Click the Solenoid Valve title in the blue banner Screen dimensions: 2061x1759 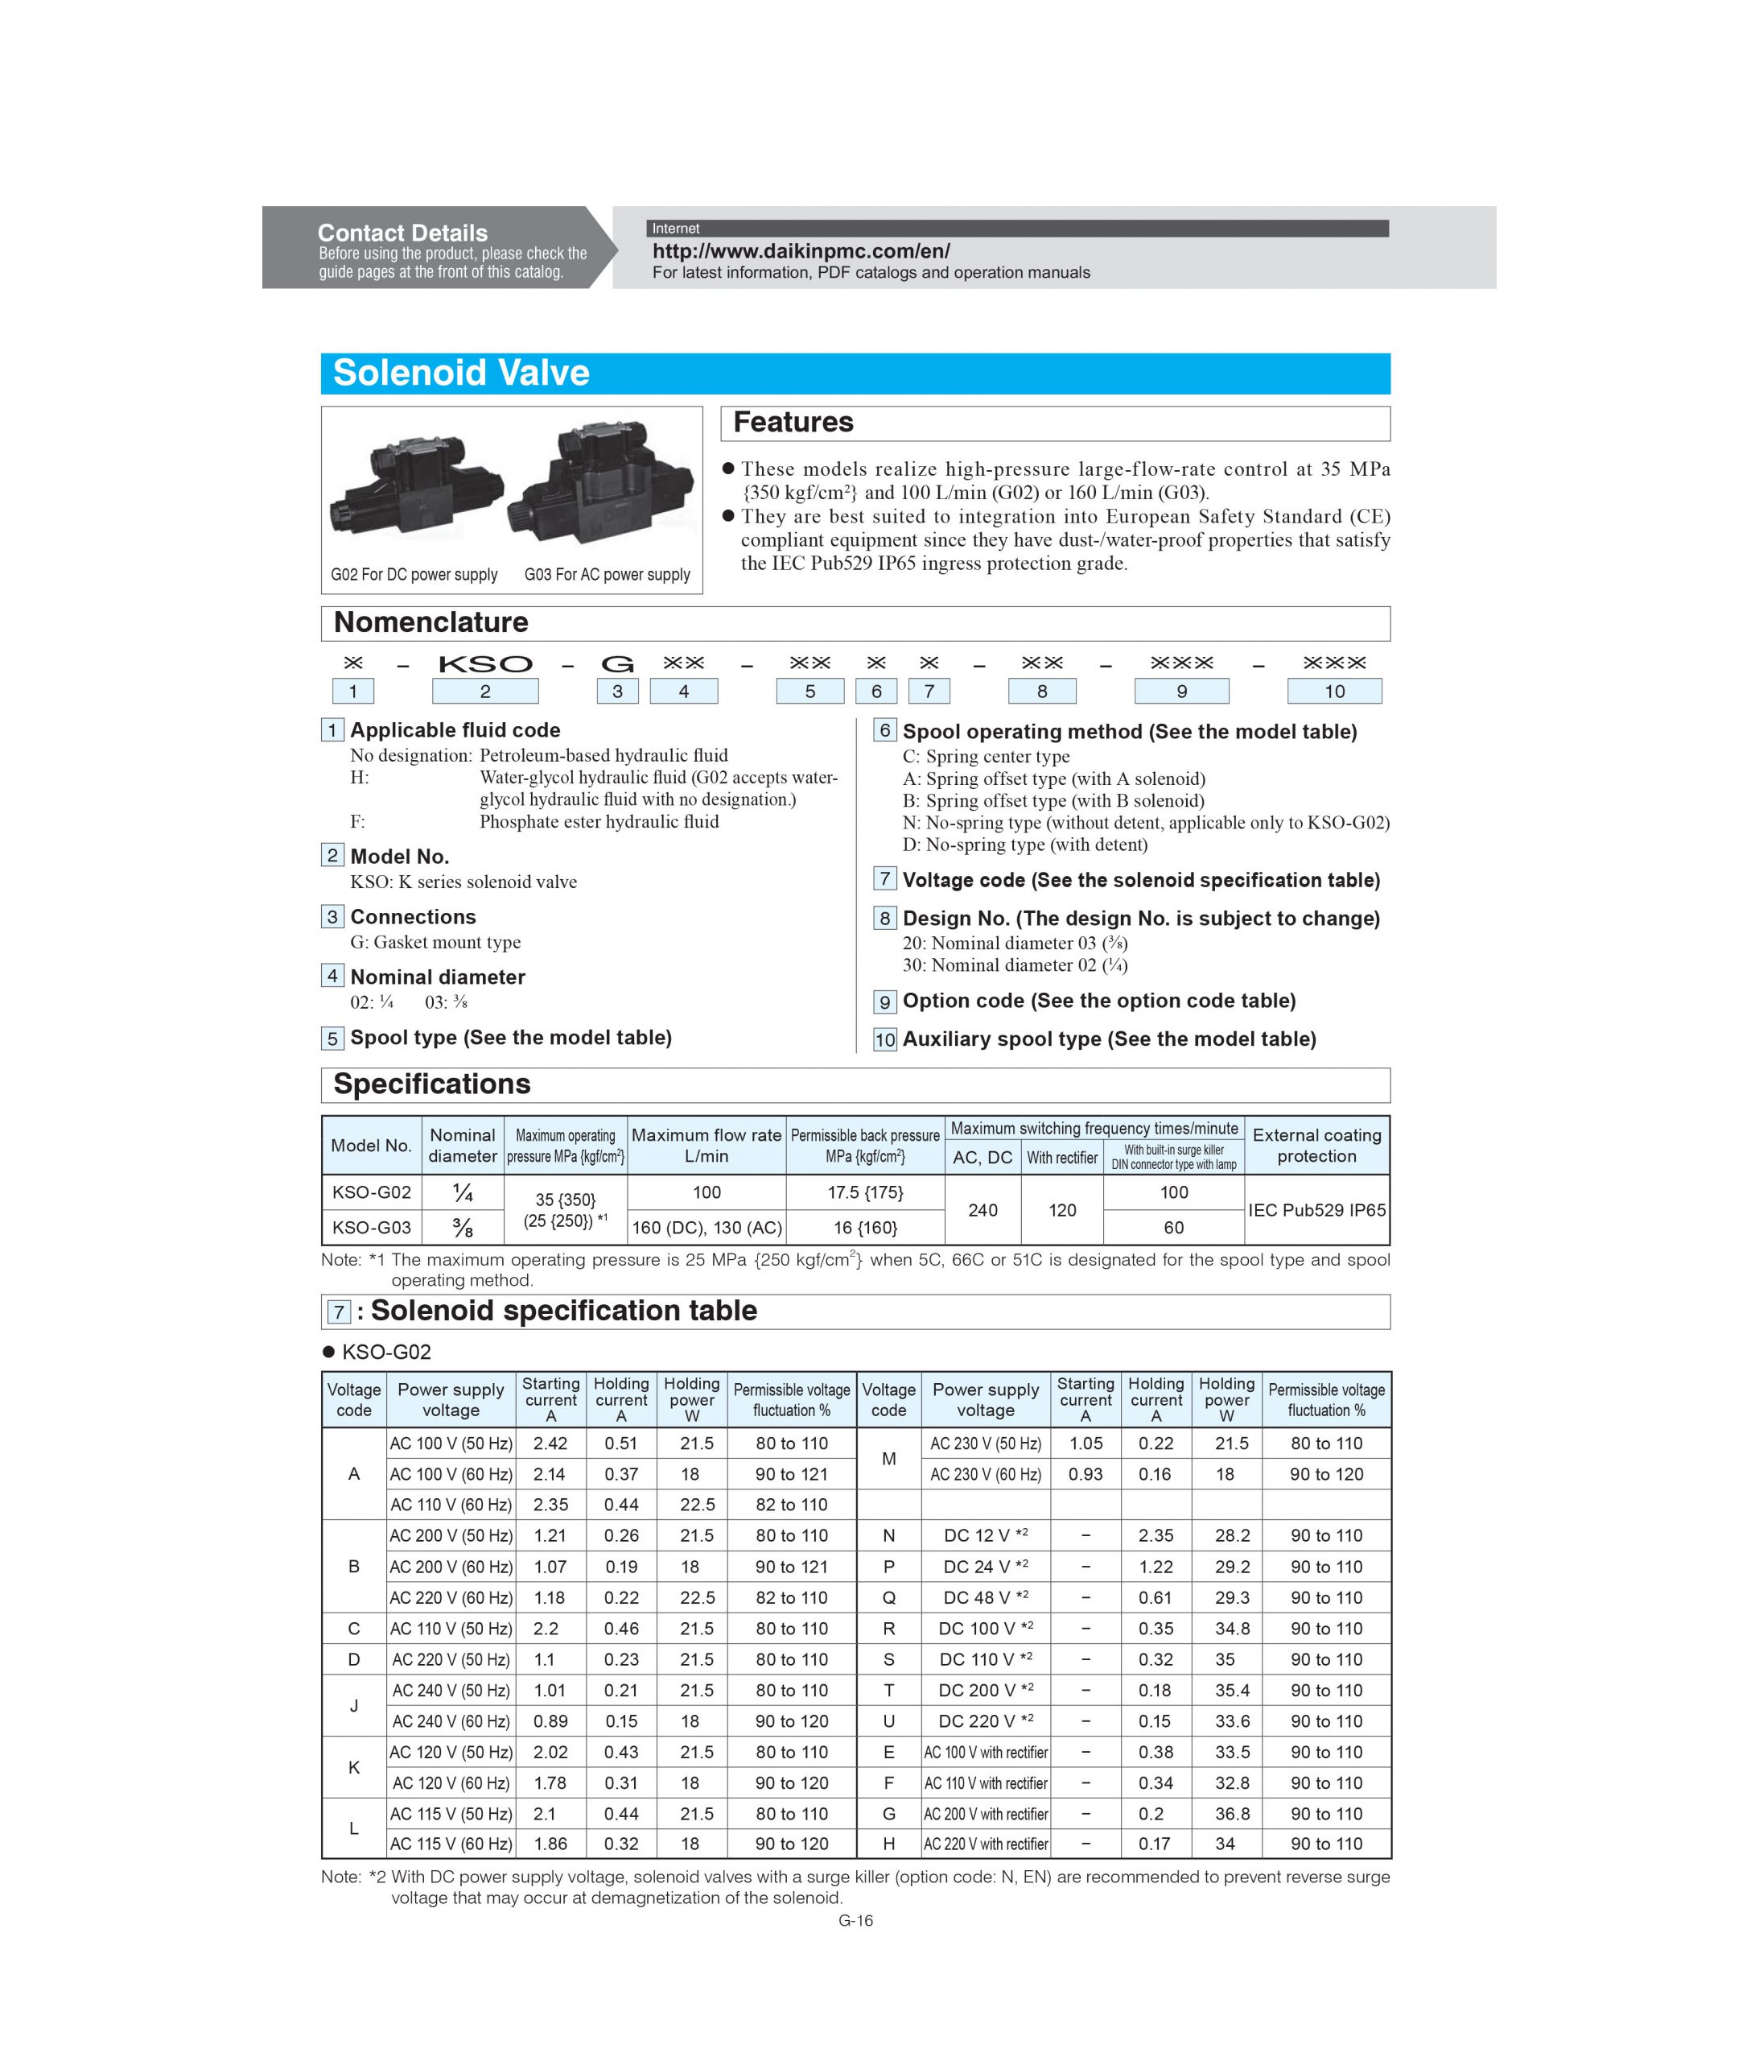460,373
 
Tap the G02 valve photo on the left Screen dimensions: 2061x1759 416,487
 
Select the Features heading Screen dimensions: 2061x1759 793,423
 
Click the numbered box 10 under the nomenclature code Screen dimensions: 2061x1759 1333,692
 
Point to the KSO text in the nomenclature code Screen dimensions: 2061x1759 485,663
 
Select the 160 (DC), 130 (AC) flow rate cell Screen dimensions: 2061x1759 706,1228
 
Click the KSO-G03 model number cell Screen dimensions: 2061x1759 371,1228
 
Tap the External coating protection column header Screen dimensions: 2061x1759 1316,1146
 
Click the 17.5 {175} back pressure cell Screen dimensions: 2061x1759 865,1192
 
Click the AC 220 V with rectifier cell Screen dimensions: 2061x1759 986,1843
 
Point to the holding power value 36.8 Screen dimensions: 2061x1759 1231,1813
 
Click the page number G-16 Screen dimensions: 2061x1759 855,1921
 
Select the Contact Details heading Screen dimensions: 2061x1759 402,233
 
